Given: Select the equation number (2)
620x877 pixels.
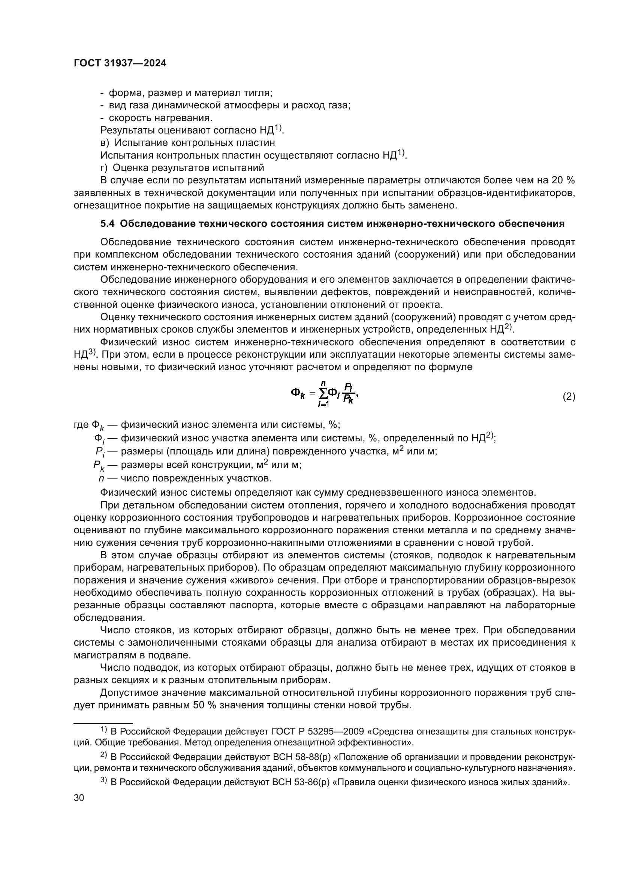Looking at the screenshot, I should click(569, 396).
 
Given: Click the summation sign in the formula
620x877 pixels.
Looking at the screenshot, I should click(323, 393).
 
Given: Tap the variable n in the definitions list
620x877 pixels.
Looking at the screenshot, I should click(101, 478).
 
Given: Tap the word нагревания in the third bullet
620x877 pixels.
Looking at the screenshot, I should click(184, 118).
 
